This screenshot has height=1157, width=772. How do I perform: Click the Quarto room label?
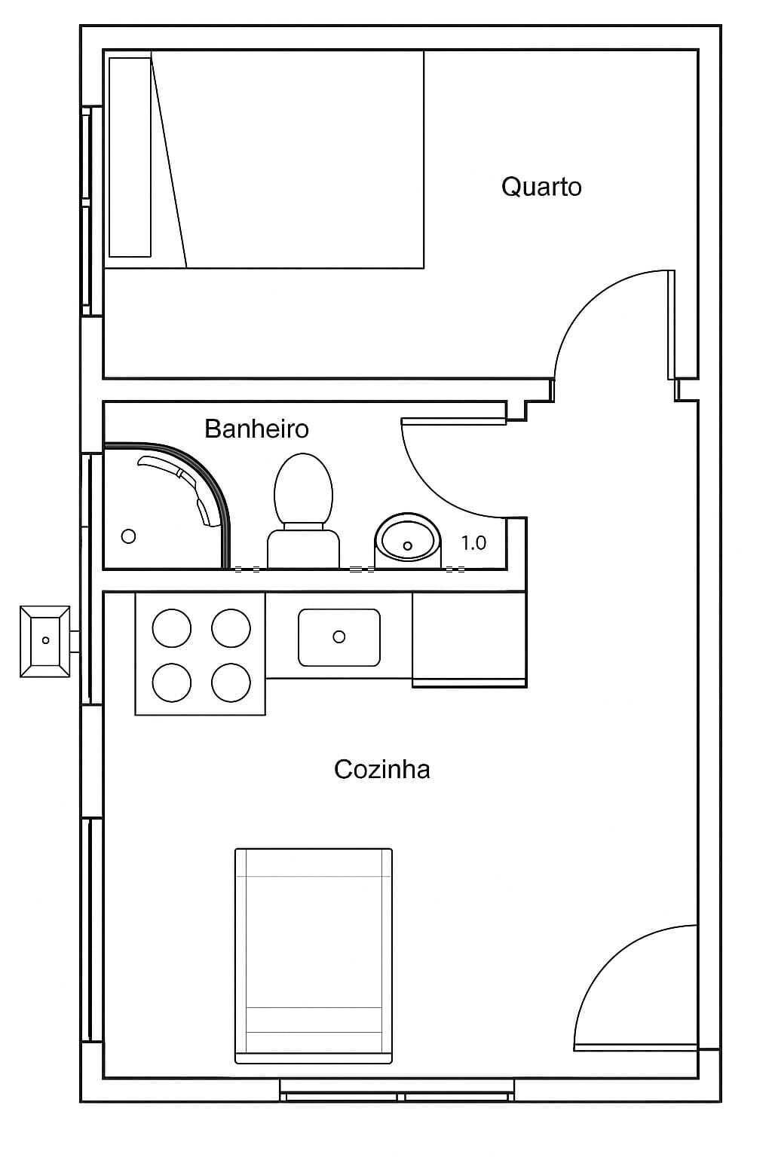click(541, 187)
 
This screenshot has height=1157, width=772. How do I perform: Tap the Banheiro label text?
click(256, 429)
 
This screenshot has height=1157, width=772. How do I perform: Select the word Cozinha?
click(381, 769)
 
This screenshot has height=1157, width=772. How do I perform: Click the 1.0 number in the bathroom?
click(473, 543)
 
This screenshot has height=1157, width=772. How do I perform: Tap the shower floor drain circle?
click(129, 536)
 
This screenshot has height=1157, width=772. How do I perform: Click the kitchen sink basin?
click(339, 637)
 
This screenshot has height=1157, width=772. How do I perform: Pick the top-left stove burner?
click(172, 628)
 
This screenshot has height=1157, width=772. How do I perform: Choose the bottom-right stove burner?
click(231, 682)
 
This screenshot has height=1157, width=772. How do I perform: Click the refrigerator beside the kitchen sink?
click(469, 639)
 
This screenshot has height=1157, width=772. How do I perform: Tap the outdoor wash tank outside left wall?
click(45, 640)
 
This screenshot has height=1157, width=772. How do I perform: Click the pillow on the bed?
click(130, 157)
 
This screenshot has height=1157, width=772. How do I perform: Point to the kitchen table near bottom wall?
click(314, 955)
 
